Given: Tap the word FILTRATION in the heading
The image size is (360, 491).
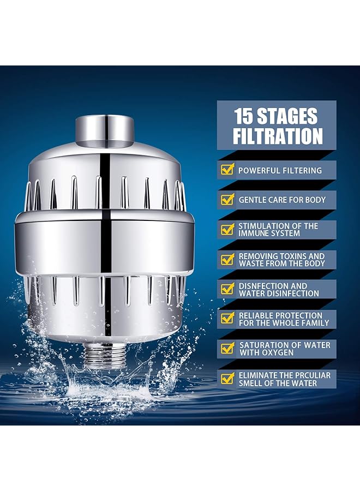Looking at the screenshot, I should click(278, 136).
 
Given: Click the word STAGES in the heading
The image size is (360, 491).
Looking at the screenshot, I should click(291, 116).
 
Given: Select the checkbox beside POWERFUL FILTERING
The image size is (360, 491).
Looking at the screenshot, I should click(227, 170).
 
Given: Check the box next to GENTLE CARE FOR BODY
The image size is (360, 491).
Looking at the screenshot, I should click(227, 200).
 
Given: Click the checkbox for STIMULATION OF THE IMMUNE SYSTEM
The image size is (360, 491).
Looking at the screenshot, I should click(227, 230).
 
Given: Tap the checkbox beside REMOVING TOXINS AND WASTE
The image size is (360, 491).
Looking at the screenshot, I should click(227, 259).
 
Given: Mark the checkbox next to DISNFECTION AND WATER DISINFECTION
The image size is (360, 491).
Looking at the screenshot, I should click(227, 289).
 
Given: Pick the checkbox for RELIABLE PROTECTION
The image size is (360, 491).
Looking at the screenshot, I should click(227, 319).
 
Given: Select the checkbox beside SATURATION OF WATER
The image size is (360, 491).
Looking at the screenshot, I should click(227, 349).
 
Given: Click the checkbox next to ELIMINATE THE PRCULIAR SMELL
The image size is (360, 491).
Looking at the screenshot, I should click(227, 379).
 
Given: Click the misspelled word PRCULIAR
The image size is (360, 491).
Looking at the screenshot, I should click(308, 375).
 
